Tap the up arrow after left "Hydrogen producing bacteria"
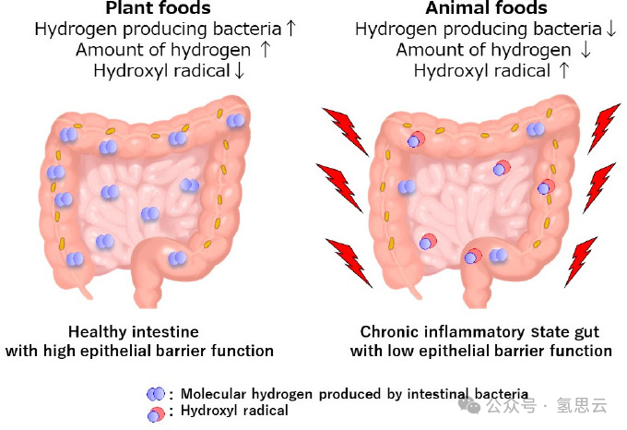(291, 29)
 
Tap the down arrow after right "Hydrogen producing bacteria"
(610, 29)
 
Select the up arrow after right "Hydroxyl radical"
(563, 70)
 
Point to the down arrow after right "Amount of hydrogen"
(586, 50)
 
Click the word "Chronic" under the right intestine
(390, 331)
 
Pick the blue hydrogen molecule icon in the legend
(155, 394)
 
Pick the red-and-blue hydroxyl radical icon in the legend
(155, 412)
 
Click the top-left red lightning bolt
(344, 130)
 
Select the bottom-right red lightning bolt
(581, 260)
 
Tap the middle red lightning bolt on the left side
(339, 185)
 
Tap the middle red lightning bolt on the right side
(599, 185)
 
